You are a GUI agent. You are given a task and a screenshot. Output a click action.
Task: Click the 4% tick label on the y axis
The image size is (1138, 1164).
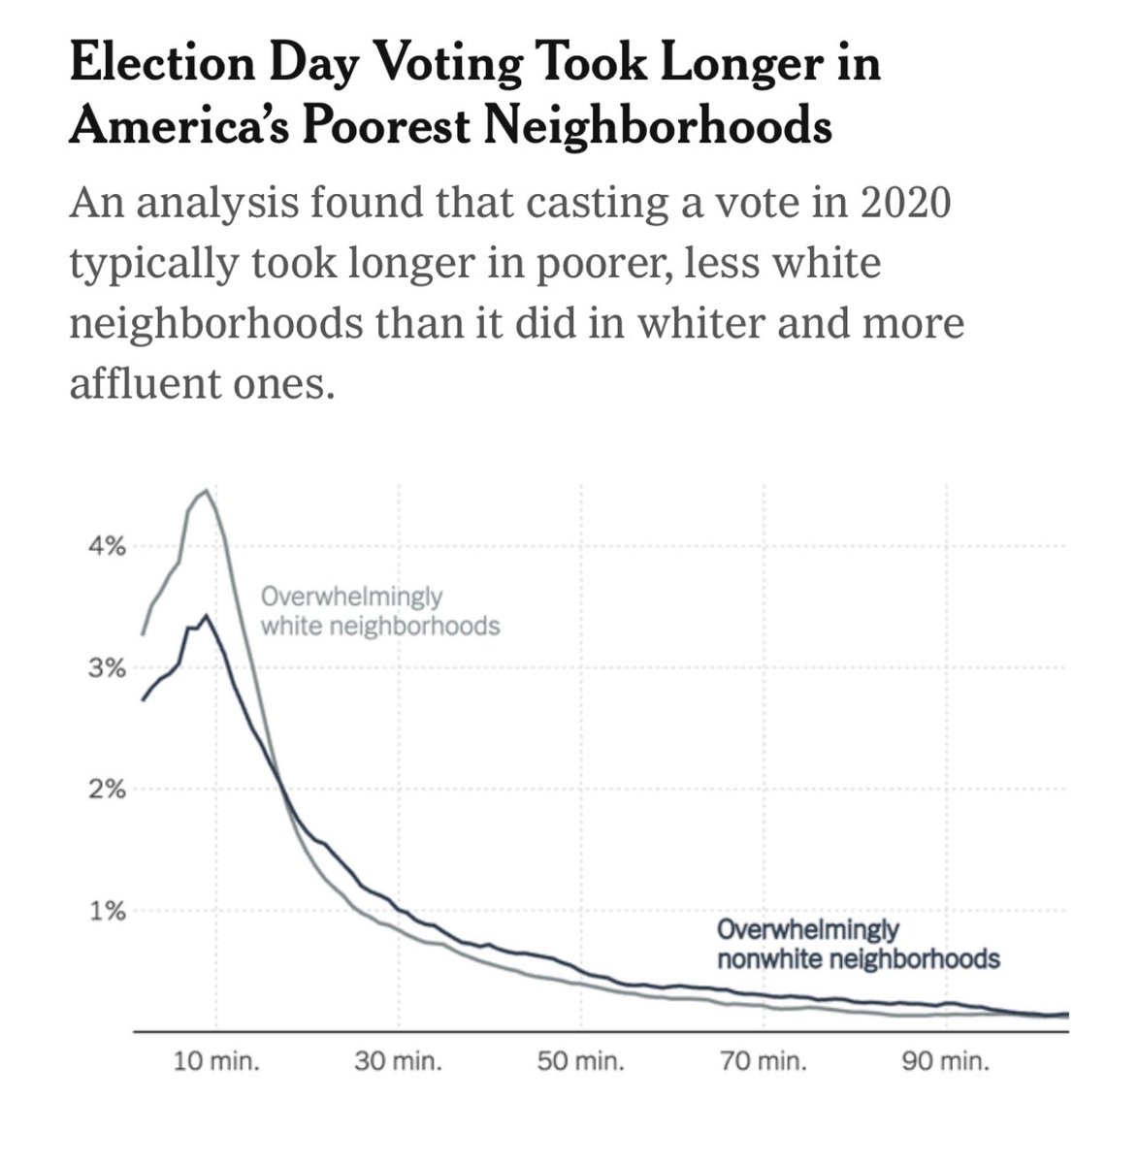[108, 547]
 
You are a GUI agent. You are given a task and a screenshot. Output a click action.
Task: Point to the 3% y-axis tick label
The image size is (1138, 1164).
[108, 668]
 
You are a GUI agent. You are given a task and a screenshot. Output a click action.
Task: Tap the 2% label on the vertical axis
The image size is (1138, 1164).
[108, 790]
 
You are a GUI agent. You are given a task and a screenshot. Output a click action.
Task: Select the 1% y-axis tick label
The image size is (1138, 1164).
[108, 911]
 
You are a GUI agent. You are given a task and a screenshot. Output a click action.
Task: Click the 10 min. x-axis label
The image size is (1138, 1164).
[216, 1062]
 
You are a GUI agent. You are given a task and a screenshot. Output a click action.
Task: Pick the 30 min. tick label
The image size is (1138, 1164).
[399, 1062]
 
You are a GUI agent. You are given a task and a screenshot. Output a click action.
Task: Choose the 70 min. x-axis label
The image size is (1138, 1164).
[764, 1062]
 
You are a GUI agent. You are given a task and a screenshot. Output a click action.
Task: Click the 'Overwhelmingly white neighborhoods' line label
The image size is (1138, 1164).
[380, 611]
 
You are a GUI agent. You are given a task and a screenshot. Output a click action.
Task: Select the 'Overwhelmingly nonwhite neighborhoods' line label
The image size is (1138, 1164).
[858, 945]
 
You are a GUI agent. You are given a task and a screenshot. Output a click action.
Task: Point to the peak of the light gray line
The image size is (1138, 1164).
[205, 491]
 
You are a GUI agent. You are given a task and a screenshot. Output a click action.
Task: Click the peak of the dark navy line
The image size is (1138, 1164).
[205, 616]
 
